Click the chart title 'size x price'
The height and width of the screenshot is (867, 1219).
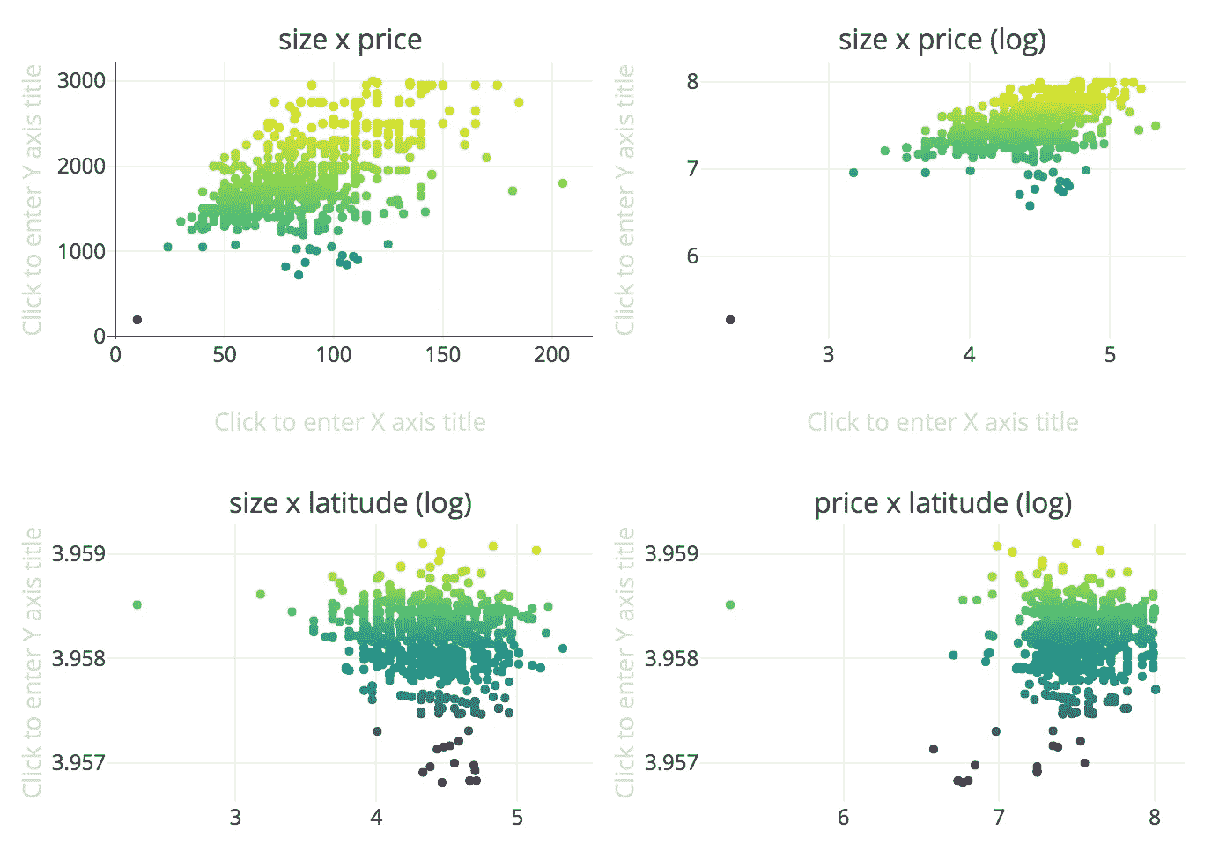[350, 40]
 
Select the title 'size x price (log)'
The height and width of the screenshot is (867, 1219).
[942, 40]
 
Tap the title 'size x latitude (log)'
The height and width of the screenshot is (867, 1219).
[350, 503]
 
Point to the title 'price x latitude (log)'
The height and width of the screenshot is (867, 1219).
[942, 503]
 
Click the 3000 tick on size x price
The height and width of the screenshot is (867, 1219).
[81, 81]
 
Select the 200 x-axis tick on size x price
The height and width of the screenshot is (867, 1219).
[551, 355]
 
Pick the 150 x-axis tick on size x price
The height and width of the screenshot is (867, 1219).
[442, 355]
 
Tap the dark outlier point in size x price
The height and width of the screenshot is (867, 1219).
[137, 320]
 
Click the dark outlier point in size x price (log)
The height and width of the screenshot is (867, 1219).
[730, 320]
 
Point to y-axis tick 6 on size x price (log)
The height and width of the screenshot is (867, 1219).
[692, 256]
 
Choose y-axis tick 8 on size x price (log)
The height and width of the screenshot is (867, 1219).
[692, 81]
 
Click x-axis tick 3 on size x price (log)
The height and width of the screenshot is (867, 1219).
[828, 355]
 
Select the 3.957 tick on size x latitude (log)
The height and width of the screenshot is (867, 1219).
[78, 762]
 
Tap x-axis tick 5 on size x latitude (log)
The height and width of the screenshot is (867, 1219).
[517, 818]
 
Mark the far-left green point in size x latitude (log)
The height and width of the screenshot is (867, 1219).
[137, 604]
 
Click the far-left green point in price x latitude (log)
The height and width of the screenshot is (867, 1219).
[730, 604]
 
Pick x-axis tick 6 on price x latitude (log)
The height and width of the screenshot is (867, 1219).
[843, 818]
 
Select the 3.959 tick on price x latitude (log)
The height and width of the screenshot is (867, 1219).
[671, 553]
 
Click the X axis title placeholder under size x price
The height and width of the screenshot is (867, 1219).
[350, 422]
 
